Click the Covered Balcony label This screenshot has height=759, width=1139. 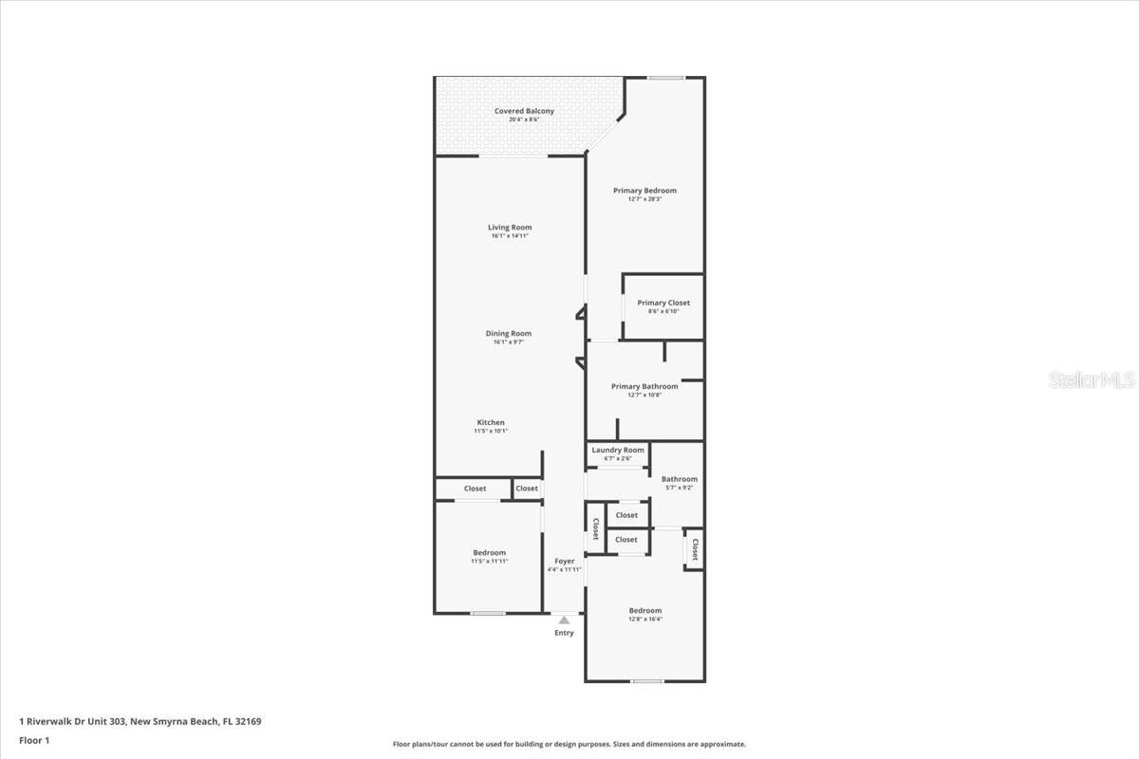[524, 111]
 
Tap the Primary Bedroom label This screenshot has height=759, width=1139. [644, 191]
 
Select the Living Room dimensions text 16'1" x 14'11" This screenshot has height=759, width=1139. [510, 236]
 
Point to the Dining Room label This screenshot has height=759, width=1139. [509, 333]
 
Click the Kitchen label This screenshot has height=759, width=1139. [491, 422]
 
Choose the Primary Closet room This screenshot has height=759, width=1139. [663, 306]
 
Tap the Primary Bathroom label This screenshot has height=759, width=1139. [644, 386]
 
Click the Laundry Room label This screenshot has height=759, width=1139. [618, 450]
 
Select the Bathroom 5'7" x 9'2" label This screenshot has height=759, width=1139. [680, 483]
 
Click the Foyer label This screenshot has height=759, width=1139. [565, 562]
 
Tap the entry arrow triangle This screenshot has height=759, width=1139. [564, 620]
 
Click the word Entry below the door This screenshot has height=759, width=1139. [564, 633]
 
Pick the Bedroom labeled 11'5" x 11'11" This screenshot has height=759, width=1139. [490, 556]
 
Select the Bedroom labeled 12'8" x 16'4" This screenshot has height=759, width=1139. [644, 614]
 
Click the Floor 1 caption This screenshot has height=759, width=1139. [34, 740]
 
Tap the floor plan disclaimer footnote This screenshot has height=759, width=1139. [569, 744]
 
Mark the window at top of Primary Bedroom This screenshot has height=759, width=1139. [666, 78]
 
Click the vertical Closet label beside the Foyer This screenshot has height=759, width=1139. [595, 529]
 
